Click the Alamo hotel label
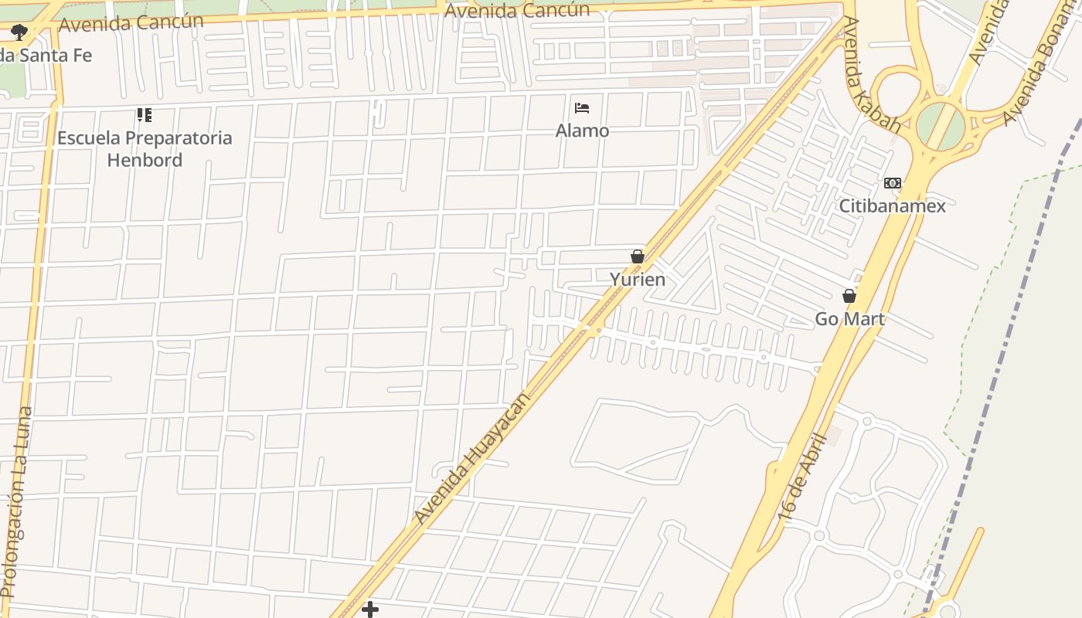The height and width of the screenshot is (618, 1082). point(582,131)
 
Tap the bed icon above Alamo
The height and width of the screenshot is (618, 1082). point(582,108)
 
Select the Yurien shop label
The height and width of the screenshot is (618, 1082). point(637,279)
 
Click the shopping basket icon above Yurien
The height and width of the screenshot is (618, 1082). point(638,256)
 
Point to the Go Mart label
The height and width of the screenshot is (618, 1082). point(849,319)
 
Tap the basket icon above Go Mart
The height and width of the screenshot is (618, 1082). point(849,296)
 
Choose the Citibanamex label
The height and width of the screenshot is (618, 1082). point(892,206)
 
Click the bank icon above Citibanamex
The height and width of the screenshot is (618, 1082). point(892,183)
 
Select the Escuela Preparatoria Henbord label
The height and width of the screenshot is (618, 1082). point(145,149)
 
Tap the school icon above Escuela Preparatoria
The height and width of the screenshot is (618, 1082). point(145,115)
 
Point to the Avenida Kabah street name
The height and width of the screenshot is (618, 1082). point(871,74)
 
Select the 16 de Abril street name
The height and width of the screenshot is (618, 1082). point(803,477)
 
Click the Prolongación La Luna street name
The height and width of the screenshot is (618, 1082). point(16,502)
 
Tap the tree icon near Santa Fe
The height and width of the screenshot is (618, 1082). point(19,32)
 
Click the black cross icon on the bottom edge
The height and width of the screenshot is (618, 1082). point(370,610)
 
